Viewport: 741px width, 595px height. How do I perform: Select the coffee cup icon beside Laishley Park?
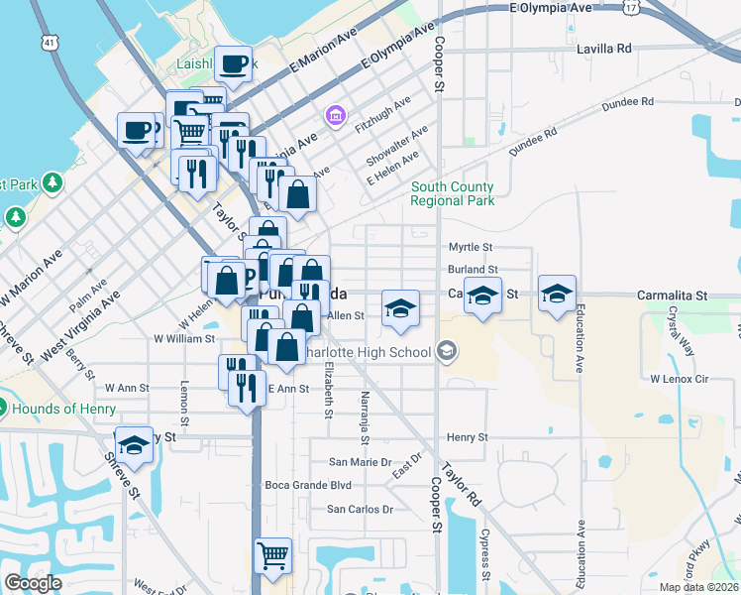(x=234, y=66)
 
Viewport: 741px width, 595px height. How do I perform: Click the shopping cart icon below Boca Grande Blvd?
(x=271, y=555)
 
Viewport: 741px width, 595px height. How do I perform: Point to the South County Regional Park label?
(x=453, y=193)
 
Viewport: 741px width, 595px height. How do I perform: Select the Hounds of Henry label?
(x=59, y=409)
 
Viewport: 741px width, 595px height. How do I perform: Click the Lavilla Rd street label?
(x=597, y=48)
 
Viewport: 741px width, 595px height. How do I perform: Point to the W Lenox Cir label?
(x=680, y=380)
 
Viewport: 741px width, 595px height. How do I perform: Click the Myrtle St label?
(x=471, y=247)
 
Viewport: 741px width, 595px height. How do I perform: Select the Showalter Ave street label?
(x=396, y=146)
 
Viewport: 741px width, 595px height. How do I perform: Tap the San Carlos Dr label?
(x=361, y=510)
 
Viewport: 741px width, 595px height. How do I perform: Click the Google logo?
(x=33, y=583)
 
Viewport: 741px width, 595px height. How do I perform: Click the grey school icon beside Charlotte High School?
(x=447, y=351)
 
